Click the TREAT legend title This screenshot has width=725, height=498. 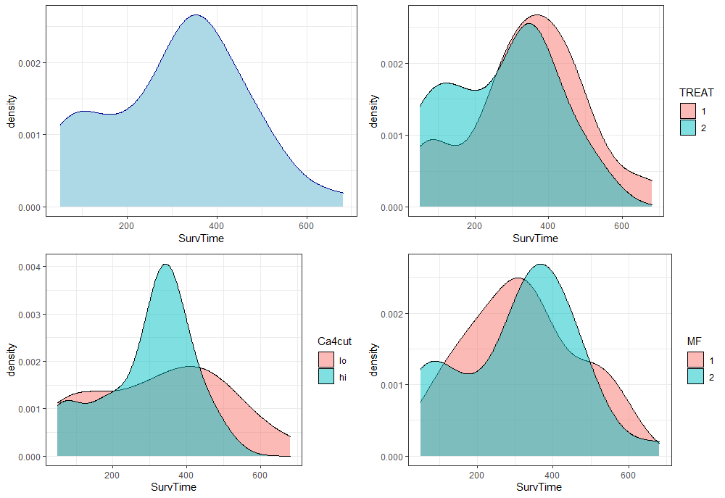coord(696,93)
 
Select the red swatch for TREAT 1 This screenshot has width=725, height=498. coord(687,110)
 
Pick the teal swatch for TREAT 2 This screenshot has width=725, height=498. coord(687,127)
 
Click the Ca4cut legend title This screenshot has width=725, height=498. coord(334,341)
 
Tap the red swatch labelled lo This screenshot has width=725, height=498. coord(326,359)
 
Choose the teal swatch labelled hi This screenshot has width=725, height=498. coord(326,375)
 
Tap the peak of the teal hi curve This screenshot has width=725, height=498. coord(165,265)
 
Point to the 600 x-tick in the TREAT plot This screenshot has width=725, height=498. coord(621,225)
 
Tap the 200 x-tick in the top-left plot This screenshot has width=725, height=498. coord(128,224)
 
